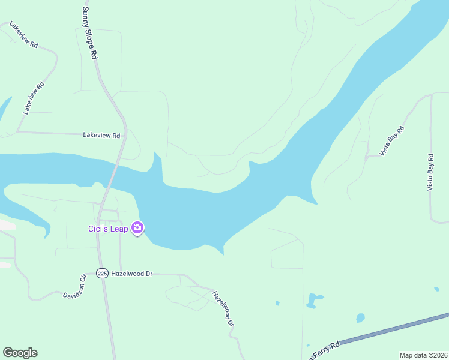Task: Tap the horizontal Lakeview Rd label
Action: (101, 136)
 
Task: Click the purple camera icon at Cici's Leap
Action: (138, 227)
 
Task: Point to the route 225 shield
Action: (102, 273)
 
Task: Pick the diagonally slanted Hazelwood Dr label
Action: (223, 308)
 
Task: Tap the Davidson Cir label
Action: (74, 286)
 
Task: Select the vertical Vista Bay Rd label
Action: (430, 172)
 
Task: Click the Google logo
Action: (20, 353)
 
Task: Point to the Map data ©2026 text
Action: (423, 355)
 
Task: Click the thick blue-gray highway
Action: (396, 329)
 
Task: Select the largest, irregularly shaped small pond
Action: (313, 300)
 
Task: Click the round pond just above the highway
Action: (360, 317)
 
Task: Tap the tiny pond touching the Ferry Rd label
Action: (307, 345)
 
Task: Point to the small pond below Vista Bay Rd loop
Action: (436, 289)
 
